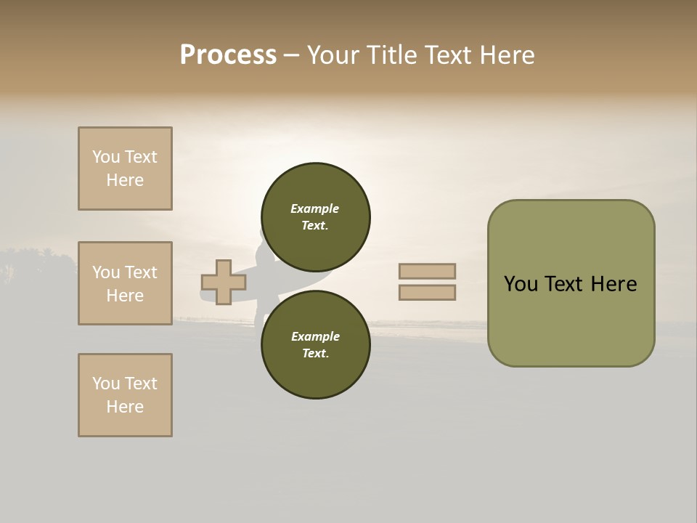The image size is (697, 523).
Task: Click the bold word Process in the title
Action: pos(228,55)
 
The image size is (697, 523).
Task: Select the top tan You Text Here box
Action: pos(125,169)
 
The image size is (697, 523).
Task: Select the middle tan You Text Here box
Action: pos(125,283)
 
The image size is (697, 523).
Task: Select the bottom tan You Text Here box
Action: pos(125,395)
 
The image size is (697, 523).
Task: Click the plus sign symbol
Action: pos(223,282)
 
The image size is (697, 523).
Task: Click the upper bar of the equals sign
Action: pos(427,271)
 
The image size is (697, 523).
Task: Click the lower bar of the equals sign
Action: pos(427,293)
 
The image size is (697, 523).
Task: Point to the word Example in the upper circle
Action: pos(314,208)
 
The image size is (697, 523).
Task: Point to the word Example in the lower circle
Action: pos(315,336)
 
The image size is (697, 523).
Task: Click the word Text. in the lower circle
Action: pos(315,354)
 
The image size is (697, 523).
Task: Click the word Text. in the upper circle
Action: pos(314,226)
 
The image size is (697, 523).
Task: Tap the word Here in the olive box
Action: pos(614,284)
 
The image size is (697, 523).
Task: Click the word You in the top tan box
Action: pos(105,157)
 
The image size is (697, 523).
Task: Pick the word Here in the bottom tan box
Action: pos(125,407)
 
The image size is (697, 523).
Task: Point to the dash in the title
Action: pos(291,55)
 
